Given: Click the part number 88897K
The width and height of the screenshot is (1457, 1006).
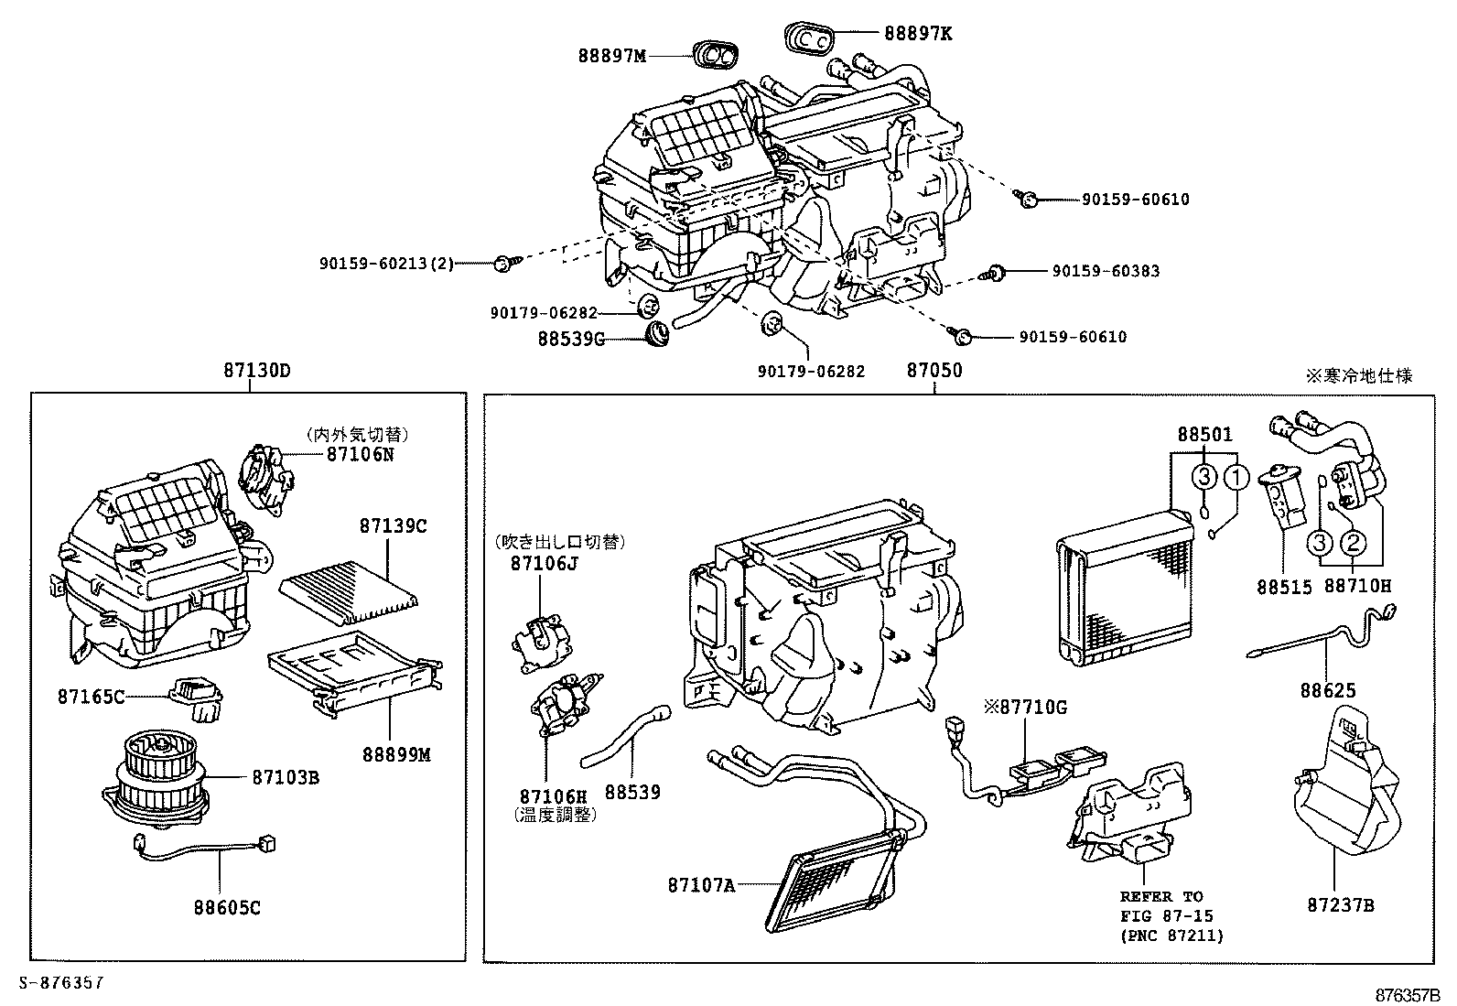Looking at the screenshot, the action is coord(918,34).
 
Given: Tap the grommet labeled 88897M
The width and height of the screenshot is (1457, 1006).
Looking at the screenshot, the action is coord(716,54).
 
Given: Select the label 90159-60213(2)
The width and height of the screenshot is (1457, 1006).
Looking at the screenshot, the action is coord(386,264).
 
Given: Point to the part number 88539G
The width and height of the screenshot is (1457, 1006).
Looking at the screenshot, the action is coord(571,339).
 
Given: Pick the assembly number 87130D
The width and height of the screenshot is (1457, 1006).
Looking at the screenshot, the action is coord(257,370).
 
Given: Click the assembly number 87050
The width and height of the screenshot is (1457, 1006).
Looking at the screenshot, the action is coord(934,370).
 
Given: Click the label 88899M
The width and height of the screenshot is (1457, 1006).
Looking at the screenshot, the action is coord(397,755).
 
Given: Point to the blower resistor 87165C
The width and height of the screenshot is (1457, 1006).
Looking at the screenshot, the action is coord(196,698).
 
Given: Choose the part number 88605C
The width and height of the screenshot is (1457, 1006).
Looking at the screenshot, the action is coord(227,908).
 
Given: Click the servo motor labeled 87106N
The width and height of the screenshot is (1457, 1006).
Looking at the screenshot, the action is coord(266,481).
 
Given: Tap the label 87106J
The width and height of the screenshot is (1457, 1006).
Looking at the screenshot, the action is coord(544,564).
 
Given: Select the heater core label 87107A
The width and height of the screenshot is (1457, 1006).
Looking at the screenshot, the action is coord(701,885).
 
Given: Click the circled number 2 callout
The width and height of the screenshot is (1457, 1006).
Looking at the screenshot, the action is coord(1353,543).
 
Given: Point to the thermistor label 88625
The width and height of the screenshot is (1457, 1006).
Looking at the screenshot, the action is coord(1328,690).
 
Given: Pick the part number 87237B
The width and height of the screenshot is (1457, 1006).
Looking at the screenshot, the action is coord(1341,905).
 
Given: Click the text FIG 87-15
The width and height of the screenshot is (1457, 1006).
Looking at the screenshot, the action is coord(1166,916).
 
